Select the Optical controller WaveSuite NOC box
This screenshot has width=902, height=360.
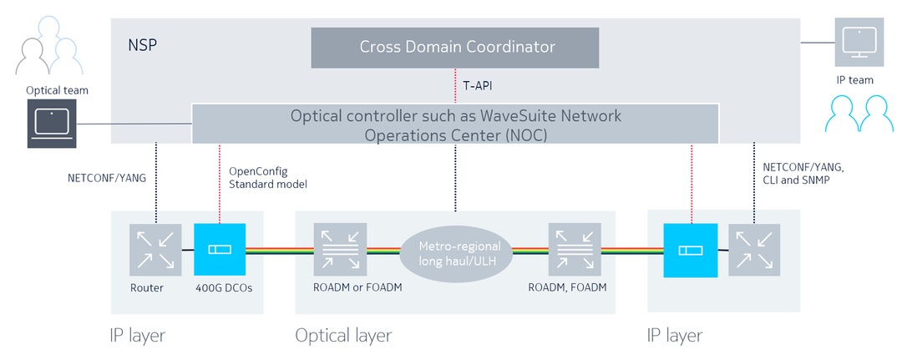(x=455, y=124)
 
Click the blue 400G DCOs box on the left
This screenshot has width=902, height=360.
(x=219, y=249)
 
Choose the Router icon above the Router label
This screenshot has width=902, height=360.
(x=155, y=249)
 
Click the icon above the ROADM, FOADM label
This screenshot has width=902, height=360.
(x=573, y=249)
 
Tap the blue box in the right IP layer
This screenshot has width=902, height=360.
(x=690, y=249)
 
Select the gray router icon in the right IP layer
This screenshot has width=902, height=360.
(x=754, y=249)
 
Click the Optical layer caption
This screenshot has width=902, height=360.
(x=342, y=336)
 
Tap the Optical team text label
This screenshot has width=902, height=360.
(x=57, y=90)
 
